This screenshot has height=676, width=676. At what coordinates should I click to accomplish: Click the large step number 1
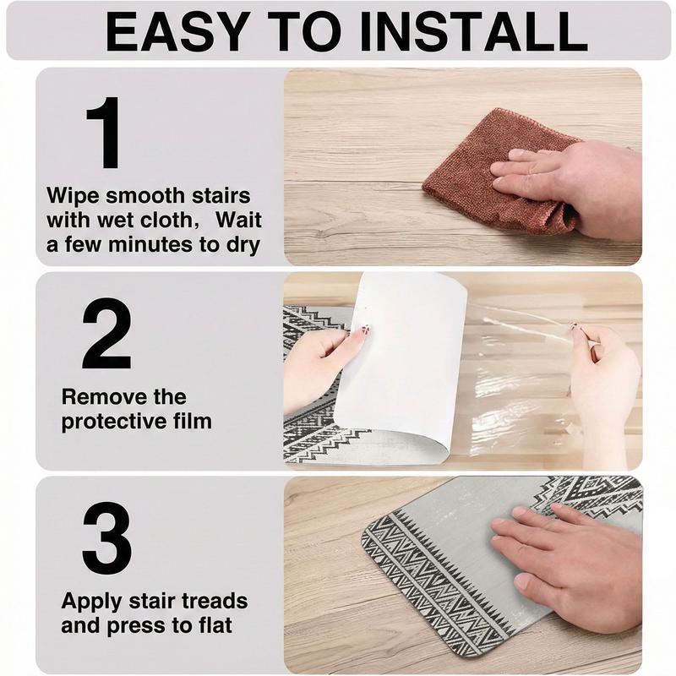point(104,132)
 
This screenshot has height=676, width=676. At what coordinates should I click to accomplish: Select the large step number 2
point(106,333)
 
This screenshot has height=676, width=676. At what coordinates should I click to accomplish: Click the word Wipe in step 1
point(74,196)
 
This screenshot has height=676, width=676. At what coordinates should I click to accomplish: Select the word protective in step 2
point(110,422)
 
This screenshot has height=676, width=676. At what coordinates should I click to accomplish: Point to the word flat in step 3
point(211,625)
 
